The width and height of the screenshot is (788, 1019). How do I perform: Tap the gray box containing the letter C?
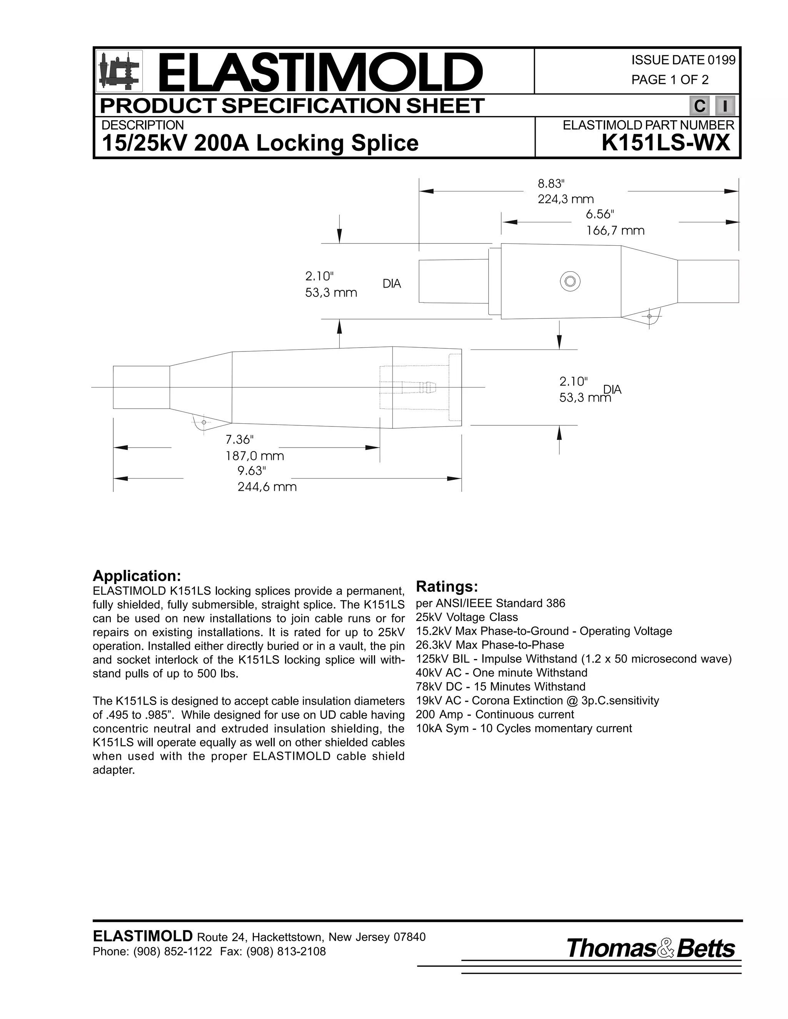[699, 106]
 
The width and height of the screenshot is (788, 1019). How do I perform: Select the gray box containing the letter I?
[725, 106]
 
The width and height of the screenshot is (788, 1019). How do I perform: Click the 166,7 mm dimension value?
[615, 230]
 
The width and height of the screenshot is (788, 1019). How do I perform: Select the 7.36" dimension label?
[239, 440]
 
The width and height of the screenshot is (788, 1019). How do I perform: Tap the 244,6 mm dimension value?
[267, 487]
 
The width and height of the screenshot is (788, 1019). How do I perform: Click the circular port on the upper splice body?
[570, 281]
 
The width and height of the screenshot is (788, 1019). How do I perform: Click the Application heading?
[137, 576]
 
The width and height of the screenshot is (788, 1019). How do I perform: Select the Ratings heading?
[447, 586]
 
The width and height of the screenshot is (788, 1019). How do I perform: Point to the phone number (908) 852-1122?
[172, 951]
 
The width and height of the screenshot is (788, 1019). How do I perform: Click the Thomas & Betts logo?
[650, 949]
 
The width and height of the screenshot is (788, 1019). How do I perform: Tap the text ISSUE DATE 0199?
[683, 60]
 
